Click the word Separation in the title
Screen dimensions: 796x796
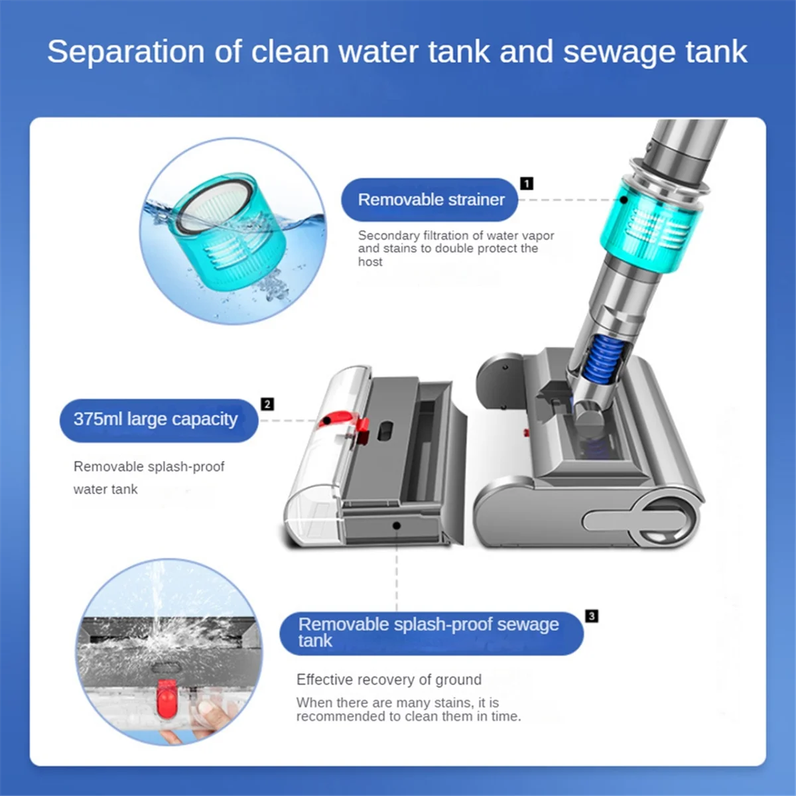click(125, 52)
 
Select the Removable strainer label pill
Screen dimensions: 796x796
click(430, 200)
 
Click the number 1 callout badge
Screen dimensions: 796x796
click(527, 184)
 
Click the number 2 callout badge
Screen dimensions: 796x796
click(267, 404)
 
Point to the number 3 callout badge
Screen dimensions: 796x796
click(592, 616)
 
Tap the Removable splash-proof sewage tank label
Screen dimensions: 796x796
click(430, 633)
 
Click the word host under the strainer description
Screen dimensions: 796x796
click(370, 262)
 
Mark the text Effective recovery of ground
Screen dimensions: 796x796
click(389, 680)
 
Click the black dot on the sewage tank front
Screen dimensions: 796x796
click(397, 525)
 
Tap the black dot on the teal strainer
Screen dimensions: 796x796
click(624, 200)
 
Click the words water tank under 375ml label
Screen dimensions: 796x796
click(105, 490)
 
